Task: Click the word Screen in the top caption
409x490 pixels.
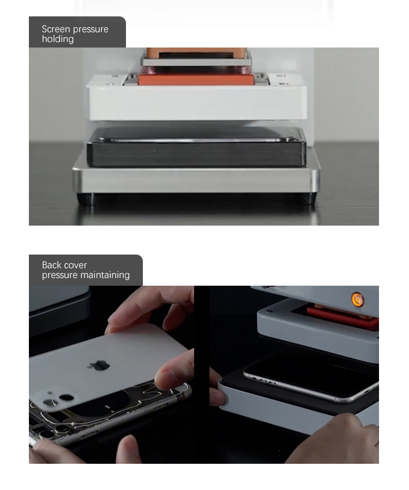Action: [56, 29]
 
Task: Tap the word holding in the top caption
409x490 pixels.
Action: [58, 39]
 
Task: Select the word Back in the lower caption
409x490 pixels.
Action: [51, 265]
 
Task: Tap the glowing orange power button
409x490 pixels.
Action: [357, 299]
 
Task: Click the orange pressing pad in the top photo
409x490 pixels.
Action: [196, 79]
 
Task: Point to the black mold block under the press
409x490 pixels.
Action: [196, 147]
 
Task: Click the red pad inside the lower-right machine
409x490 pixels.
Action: [343, 316]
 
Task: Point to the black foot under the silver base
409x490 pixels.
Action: [196, 199]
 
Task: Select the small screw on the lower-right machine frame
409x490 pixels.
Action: [270, 311]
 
